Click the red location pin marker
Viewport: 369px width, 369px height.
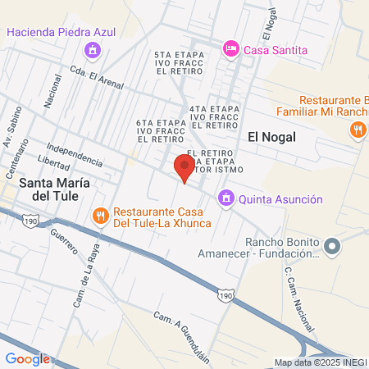click(184, 168)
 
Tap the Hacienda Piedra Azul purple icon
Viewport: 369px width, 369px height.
click(93, 50)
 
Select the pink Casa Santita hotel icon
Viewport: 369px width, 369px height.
click(231, 50)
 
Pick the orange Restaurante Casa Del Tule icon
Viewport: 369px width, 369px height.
click(101, 216)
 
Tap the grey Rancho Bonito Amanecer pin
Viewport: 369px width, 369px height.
click(332, 246)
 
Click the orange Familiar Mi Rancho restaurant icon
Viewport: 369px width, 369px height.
click(358, 129)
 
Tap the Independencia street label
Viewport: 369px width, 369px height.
click(75, 154)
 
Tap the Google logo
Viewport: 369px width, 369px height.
click(27, 358)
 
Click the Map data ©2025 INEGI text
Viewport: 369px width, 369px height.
click(320, 362)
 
